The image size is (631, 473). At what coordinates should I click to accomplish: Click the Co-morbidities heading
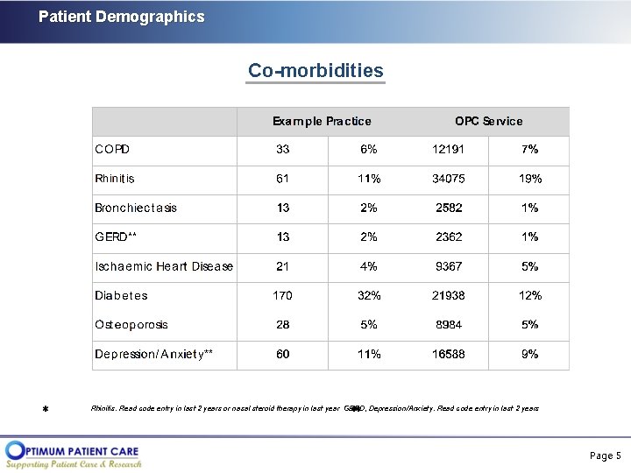coord(315,70)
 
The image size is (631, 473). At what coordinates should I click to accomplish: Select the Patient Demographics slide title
coord(121,17)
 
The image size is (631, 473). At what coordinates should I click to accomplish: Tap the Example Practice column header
coord(322,121)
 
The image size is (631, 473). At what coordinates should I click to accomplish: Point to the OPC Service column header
coord(488,121)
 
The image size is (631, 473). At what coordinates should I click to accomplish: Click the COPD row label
coord(112,150)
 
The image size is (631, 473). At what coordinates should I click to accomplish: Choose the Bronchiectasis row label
coord(136,208)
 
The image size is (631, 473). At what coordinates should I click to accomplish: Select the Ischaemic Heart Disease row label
coord(164,266)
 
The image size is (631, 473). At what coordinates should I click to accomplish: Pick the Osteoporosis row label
coord(131,325)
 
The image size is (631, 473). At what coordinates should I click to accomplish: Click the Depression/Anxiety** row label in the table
coord(154,354)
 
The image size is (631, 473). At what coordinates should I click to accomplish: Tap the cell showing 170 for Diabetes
coord(282,295)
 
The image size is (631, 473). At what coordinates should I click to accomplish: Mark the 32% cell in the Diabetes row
coord(369,295)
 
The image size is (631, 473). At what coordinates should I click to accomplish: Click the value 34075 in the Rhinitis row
coord(449,179)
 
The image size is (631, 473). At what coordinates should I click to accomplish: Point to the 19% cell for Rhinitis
coord(530,179)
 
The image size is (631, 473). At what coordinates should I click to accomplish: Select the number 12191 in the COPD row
coord(449,150)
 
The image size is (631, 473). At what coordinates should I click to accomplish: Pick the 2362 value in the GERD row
coord(449,237)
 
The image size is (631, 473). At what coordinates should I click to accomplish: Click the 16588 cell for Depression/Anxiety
coord(449,354)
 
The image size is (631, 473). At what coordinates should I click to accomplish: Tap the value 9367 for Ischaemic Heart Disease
coord(449,266)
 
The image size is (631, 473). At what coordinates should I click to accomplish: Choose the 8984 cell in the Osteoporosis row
coord(449,325)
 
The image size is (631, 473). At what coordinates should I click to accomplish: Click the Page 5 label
coord(605,455)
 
